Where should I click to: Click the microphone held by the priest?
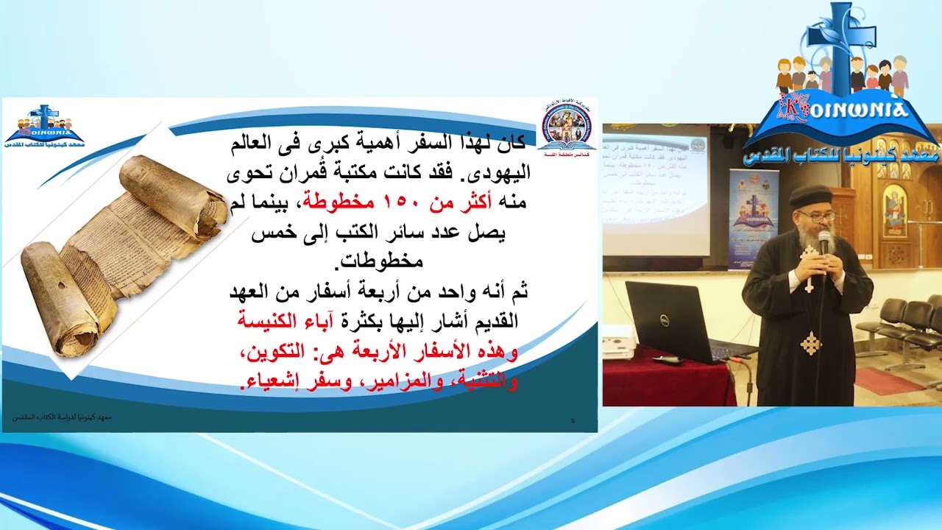[824, 243]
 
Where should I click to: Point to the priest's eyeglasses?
[818, 216]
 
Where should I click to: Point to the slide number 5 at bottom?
[573, 420]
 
